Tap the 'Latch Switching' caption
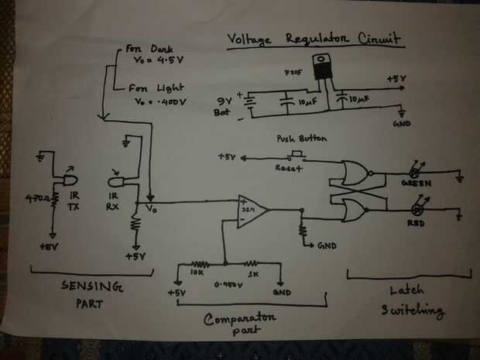(404, 301)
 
